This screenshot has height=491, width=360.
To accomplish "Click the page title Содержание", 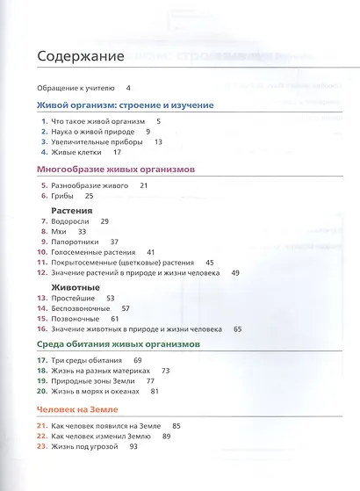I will click(79, 58).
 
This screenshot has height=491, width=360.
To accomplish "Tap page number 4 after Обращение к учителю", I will click(128, 88).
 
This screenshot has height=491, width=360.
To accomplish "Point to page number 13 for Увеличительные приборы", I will click(158, 141).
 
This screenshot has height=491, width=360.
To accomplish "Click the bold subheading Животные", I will click(75, 288).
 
